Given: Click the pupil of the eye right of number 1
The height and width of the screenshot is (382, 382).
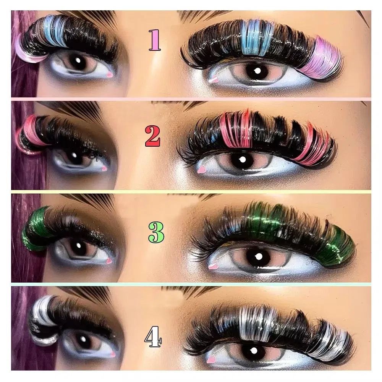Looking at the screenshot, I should pyautogui.click(x=256, y=71).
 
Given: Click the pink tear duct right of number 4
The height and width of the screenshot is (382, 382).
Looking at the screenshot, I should pyautogui.click(x=210, y=359).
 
